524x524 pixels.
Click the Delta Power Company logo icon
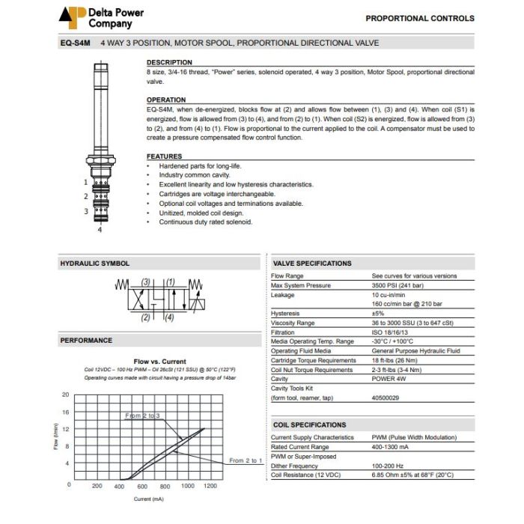pos(73,17)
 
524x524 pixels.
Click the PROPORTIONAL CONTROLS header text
pos(419,18)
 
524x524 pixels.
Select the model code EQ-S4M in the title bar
pos(76,43)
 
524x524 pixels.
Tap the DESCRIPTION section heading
pos(169,62)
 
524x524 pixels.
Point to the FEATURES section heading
pos(165,156)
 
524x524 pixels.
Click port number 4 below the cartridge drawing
pos(100,231)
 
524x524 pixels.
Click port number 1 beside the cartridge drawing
pos(86,182)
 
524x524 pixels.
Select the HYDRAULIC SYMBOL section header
pos(94,263)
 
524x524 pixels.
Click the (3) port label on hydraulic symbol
pos(147,283)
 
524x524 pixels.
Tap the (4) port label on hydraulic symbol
pos(169,317)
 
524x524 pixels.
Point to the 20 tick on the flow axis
pos(66,394)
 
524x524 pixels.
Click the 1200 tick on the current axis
pos(210,486)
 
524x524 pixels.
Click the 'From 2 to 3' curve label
pos(142,415)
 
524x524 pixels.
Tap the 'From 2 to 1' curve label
pos(245,460)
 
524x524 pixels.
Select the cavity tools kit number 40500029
pos(389,397)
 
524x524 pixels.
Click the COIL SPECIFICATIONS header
pos(309,424)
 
